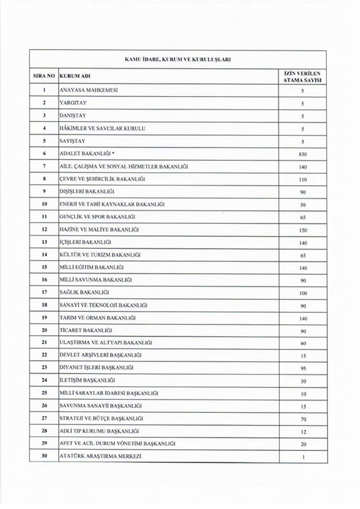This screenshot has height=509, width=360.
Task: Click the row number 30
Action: click(x=44, y=456)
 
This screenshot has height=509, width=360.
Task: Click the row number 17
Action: click(x=44, y=292)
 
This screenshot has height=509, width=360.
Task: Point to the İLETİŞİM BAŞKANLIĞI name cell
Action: click(x=87, y=380)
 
